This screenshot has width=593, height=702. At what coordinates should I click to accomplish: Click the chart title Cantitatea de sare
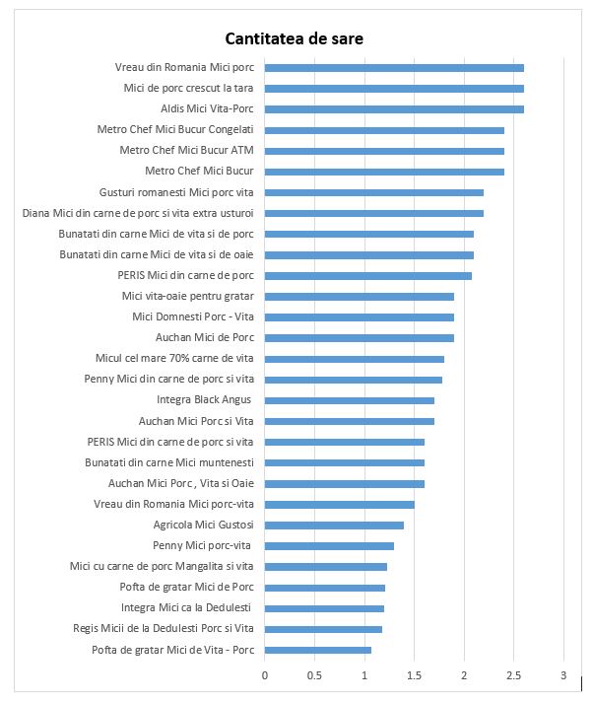[296, 39]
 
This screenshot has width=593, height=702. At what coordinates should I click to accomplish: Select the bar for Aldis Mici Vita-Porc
[394, 108]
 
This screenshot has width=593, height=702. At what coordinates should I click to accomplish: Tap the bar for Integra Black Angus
[350, 400]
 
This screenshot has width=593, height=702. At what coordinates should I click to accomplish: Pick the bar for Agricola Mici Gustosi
[334, 525]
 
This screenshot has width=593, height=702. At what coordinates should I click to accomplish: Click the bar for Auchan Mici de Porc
[360, 337]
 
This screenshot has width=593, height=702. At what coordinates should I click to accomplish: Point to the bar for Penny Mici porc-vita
[329, 545]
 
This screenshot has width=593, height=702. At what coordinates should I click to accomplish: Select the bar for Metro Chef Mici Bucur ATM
[384, 151]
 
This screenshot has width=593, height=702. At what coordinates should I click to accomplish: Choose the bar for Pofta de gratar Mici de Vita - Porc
[318, 650]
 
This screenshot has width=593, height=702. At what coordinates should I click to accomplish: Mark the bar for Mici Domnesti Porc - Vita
[360, 316]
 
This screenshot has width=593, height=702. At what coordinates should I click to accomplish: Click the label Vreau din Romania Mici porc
[184, 67]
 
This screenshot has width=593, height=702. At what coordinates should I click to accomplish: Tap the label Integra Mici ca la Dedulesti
[186, 607]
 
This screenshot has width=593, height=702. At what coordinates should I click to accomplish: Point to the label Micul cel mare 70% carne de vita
[174, 358]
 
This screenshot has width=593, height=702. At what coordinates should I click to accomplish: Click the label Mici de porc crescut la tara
[188, 88]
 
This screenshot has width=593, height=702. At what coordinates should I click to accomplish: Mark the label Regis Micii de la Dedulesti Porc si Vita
[164, 628]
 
